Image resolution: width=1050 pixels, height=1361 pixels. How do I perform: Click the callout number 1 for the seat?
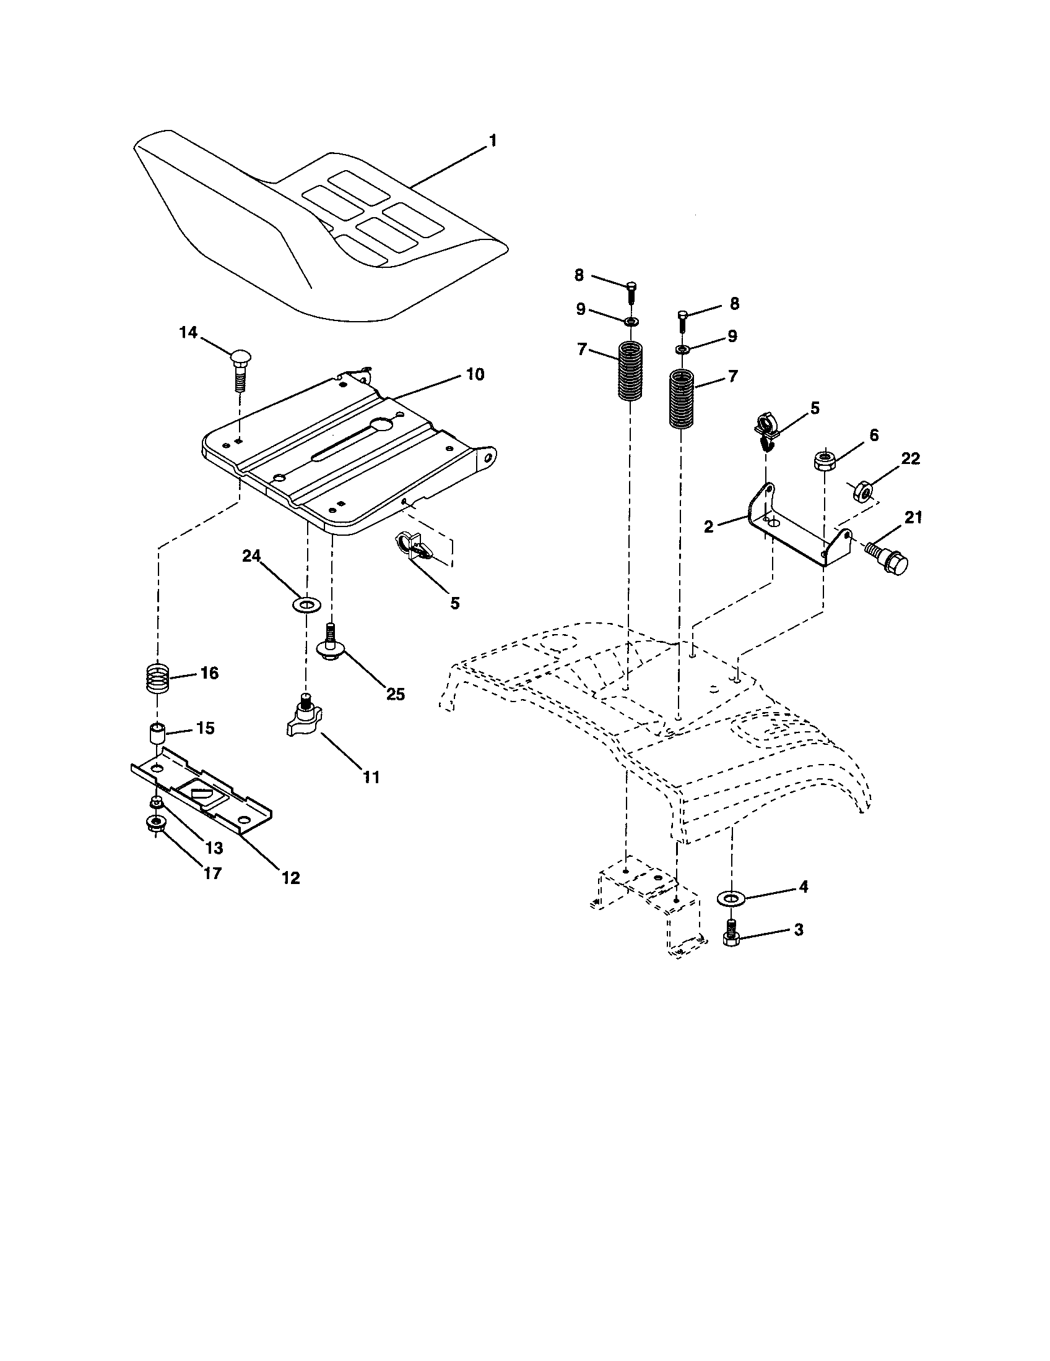(493, 142)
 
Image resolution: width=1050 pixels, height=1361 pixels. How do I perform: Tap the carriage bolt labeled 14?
(239, 369)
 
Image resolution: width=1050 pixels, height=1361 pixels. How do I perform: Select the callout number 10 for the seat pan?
(474, 374)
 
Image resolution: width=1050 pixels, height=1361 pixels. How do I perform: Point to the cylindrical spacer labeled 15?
(156, 732)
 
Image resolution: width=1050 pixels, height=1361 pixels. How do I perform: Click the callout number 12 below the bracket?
(290, 878)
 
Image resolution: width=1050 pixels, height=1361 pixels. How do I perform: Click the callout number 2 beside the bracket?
(708, 526)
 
